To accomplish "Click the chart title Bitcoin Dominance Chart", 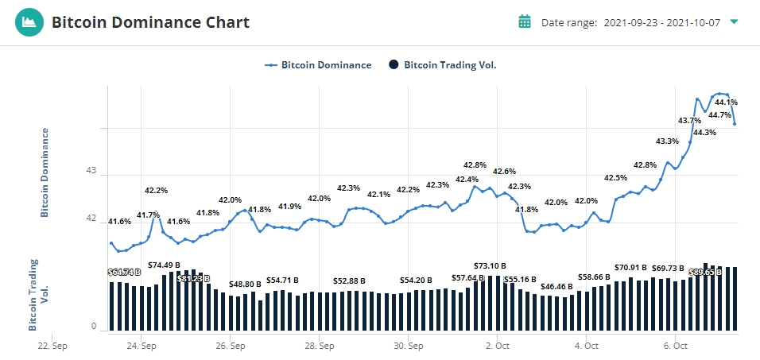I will click(150, 22).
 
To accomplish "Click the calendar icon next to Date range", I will click(525, 21).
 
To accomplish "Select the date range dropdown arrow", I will click(734, 21).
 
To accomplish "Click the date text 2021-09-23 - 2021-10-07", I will click(661, 22).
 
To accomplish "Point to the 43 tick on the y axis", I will click(91, 171).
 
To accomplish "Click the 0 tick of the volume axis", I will click(93, 327).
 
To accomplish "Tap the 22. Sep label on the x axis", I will click(52, 346).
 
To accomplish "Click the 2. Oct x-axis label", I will click(497, 346).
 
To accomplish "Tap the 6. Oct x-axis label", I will click(676, 346).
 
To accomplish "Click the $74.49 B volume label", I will click(164, 265).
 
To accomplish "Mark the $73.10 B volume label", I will click(490, 265).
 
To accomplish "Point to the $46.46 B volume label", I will click(556, 286).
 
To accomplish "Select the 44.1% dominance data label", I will click(726, 102).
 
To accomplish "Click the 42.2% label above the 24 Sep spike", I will click(156, 191).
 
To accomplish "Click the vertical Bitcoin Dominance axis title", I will click(45, 172).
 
